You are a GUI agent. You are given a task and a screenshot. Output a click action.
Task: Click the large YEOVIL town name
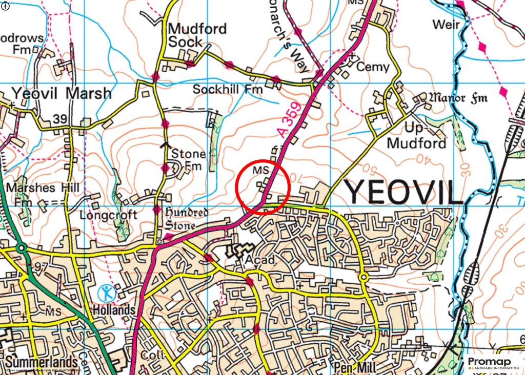(x=402, y=192)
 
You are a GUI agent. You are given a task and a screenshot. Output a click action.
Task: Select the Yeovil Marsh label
(x=61, y=93)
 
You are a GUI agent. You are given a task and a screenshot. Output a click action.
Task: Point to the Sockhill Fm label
(x=227, y=89)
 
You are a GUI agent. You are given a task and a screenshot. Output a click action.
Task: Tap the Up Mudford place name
(x=417, y=135)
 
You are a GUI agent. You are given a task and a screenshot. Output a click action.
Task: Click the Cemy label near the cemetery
(x=373, y=67)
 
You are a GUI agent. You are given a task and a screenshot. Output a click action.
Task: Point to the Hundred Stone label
(x=186, y=219)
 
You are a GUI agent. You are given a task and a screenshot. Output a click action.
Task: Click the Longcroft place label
(x=108, y=215)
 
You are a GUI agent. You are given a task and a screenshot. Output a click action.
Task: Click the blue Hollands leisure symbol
(x=107, y=293)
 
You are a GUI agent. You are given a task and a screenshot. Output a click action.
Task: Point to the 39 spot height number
(x=60, y=119)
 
